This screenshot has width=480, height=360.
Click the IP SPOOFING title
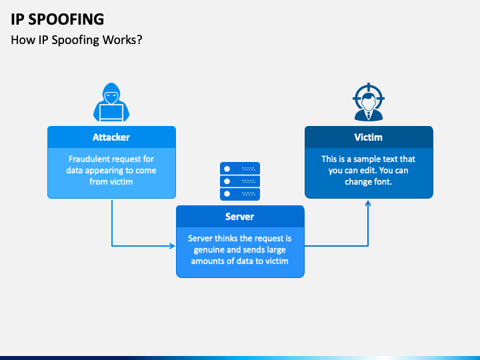(x=57, y=19)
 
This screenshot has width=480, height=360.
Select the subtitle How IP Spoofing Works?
(x=77, y=40)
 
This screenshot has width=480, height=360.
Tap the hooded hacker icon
(x=111, y=102)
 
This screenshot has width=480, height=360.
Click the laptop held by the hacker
(x=111, y=113)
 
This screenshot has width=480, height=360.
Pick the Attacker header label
(x=111, y=137)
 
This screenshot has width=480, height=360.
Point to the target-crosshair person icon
(x=369, y=101)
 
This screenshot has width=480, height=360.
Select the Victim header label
(x=368, y=137)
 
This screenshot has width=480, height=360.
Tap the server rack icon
(x=240, y=181)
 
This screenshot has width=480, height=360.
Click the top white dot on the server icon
(x=227, y=169)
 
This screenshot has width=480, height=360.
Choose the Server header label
(x=240, y=217)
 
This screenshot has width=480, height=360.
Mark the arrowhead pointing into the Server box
(x=173, y=245)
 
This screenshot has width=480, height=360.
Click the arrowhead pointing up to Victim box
(x=368, y=203)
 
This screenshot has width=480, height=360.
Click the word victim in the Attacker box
(x=121, y=182)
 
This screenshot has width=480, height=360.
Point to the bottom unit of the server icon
(x=240, y=195)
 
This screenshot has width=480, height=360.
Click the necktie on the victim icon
(x=369, y=115)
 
